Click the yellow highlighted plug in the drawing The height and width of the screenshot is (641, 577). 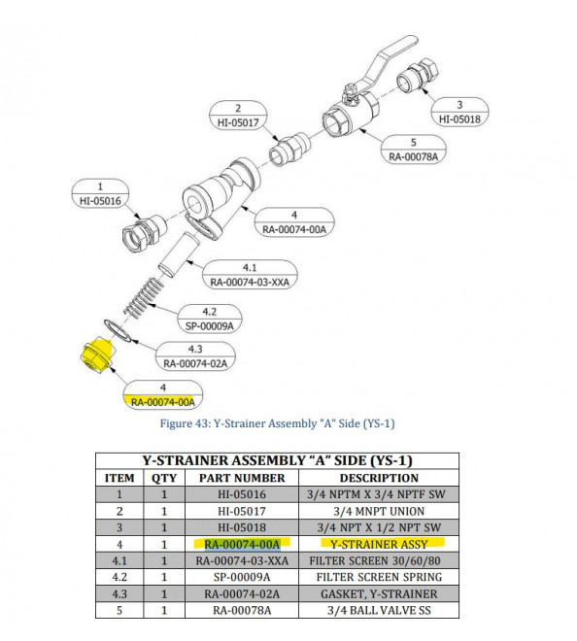click(x=93, y=358)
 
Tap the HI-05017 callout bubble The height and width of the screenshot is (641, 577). click(x=238, y=116)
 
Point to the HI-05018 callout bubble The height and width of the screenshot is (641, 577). click(x=458, y=112)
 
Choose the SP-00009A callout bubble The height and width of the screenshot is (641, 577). click(x=208, y=320)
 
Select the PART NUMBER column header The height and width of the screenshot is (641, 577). click(x=242, y=478)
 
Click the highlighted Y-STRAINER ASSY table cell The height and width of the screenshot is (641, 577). click(x=378, y=544)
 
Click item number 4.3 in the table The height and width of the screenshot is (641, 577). click(x=119, y=593)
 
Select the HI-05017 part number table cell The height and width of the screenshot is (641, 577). click(x=242, y=511)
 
